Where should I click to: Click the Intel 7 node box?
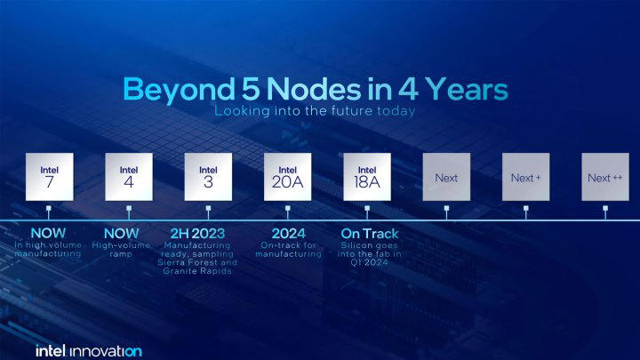49,177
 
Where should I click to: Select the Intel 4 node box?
129,177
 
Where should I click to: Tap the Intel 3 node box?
208,177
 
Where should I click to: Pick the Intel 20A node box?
288,177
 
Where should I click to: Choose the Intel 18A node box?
367,177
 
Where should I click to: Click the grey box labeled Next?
446,177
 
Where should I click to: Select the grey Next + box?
526,177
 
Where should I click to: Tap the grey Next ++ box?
605,177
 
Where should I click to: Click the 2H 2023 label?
197,234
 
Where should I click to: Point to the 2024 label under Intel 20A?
288,234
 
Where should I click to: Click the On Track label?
370,234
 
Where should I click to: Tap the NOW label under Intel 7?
49,234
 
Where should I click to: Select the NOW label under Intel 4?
129,234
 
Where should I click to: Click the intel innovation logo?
88,350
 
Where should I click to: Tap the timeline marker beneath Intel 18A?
367,212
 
